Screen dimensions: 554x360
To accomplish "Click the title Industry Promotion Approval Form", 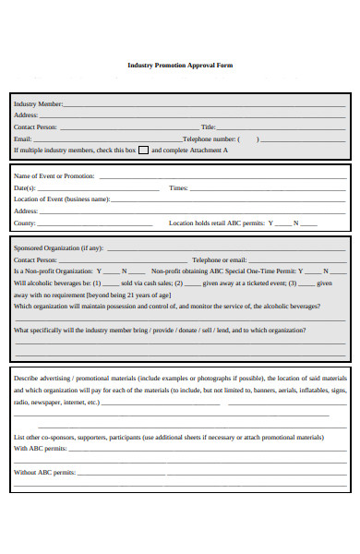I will pyautogui.click(x=179, y=65).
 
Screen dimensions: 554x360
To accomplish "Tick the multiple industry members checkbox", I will pyautogui.click(x=143, y=150).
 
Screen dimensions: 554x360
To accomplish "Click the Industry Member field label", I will pyautogui.click(x=38, y=104).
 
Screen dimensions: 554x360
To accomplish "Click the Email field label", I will pyautogui.click(x=23, y=138).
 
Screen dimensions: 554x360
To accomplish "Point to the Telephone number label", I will pyautogui.click(x=209, y=138).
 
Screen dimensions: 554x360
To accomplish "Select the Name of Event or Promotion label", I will pyautogui.click(x=54, y=175).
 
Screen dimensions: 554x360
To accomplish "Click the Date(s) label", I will pyautogui.click(x=25, y=187).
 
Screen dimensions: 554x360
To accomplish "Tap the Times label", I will pyautogui.click(x=179, y=187).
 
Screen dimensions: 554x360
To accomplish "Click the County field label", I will pyautogui.click(x=25, y=223).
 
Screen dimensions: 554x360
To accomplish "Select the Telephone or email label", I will pyautogui.click(x=219, y=259).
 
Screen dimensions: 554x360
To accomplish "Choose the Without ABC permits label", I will pyautogui.click(x=43, y=472).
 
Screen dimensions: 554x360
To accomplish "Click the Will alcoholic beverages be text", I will pyautogui.click(x=52, y=283).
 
